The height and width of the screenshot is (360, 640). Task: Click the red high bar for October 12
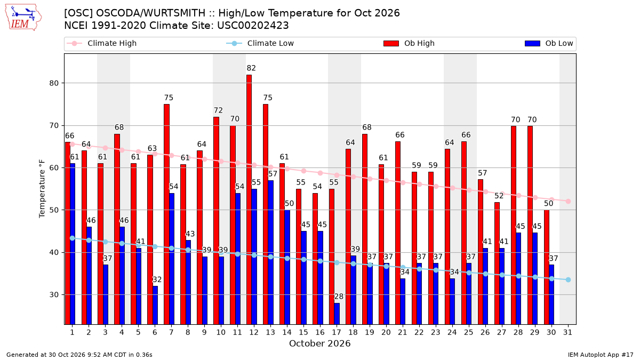pyautogui.click(x=249, y=199)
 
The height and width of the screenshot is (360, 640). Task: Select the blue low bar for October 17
pyautogui.click(x=337, y=314)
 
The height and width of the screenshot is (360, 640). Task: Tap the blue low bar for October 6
pyautogui.click(x=155, y=305)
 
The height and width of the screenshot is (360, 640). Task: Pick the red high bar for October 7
pyautogui.click(x=166, y=214)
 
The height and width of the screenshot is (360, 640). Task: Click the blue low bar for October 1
pyautogui.click(x=73, y=244)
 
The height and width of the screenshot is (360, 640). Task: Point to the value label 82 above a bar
pyautogui.click(x=251, y=68)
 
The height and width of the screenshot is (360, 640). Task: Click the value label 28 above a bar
pyautogui.click(x=339, y=297)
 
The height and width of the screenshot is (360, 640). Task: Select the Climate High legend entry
pyautogui.click(x=102, y=43)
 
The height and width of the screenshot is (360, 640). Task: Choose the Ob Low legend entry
pyautogui.click(x=549, y=43)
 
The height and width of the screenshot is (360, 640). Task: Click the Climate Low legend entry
pyautogui.click(x=260, y=43)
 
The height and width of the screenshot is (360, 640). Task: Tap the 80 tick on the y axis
pyautogui.click(x=54, y=83)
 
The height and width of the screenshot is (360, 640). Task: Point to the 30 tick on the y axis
pyautogui.click(x=54, y=294)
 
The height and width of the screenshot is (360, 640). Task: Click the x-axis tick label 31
pyautogui.click(x=567, y=332)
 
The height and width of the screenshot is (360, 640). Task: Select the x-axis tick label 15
pyautogui.click(x=303, y=332)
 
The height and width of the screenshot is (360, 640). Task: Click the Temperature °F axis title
pyautogui.click(x=42, y=189)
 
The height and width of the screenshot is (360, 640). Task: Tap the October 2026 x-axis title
pyautogui.click(x=319, y=343)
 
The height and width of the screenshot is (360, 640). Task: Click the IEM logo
pyautogui.click(x=23, y=18)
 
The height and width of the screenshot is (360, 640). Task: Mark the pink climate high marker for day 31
pyautogui.click(x=568, y=202)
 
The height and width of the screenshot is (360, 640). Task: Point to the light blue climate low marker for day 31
pyautogui.click(x=568, y=279)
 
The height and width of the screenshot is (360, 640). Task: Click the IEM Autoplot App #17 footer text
pyautogui.click(x=601, y=355)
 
